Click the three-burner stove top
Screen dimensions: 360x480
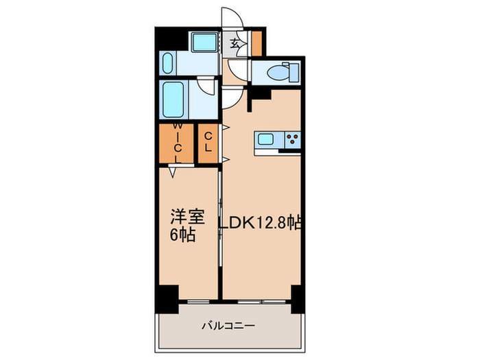pos(292,140)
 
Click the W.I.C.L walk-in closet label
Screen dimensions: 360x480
pos(178,143)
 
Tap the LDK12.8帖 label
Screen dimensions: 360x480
pos(262,223)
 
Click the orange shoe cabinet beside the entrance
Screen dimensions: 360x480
pos(256,43)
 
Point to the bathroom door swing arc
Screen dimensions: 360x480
pos(204,86)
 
